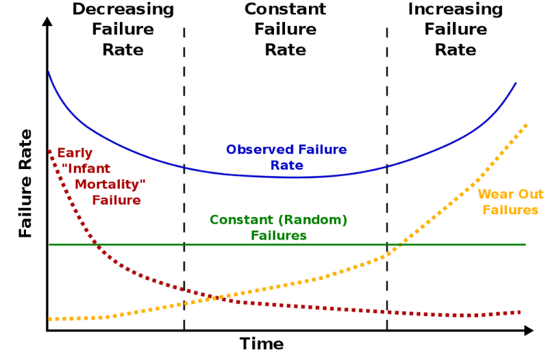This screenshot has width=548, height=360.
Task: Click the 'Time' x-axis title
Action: (261, 344)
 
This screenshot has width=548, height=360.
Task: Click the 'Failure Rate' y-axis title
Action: (26, 183)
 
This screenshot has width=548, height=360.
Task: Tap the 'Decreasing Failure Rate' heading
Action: (123, 29)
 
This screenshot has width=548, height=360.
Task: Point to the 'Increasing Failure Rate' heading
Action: (456, 29)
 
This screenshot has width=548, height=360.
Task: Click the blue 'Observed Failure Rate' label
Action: (286, 157)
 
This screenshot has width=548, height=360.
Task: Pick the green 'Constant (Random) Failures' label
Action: (278, 228)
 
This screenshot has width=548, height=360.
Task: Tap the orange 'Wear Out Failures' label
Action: (510, 202)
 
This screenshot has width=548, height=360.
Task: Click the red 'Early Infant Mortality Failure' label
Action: (103, 177)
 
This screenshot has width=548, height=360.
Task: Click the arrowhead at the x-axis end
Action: (529, 331)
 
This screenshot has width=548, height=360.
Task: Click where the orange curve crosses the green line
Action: (397, 244)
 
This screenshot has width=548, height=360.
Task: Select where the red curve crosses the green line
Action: (95, 244)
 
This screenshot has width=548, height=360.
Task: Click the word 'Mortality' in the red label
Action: (110, 185)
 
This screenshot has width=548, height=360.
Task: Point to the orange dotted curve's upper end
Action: (525, 125)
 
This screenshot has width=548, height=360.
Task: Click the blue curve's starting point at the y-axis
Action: (48, 71)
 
